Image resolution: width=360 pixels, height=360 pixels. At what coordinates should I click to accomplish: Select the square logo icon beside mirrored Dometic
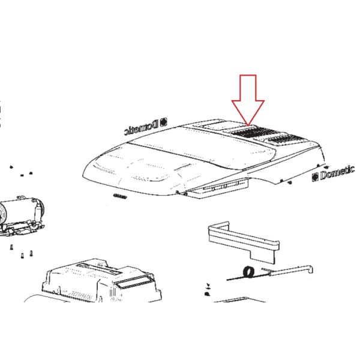coord(164,122)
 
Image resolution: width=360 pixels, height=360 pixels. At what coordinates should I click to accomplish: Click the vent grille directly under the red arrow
coord(254,133)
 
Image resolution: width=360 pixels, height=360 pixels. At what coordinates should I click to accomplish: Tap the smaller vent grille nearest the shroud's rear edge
coord(287,139)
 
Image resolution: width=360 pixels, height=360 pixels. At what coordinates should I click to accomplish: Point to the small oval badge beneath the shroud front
coord(120,196)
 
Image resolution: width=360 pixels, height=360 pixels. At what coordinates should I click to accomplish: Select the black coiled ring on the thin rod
coord(249,272)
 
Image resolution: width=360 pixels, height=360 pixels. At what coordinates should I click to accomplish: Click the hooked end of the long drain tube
coord(310,269)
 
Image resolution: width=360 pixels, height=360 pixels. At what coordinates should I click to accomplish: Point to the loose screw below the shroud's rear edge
coord(290,182)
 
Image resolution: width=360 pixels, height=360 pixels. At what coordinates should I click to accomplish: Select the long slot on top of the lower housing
coord(99,269)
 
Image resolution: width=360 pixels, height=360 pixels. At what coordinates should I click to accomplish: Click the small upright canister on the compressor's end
coord(37,212)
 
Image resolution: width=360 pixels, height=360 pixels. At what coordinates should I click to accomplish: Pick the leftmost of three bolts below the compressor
coord(11,247)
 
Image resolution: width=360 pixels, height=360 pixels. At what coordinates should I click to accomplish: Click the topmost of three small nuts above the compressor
coord(11,167)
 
